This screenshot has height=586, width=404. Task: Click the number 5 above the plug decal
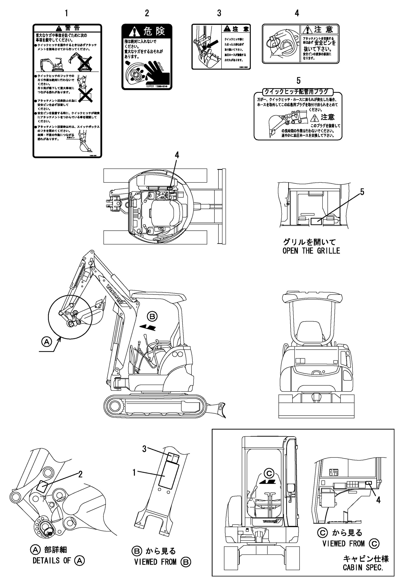(x=298, y=81)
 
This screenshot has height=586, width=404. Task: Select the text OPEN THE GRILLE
(x=311, y=251)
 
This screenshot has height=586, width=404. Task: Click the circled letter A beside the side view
(x=46, y=342)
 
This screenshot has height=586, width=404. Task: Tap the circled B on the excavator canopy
(x=152, y=316)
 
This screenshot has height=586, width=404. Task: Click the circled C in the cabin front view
(x=269, y=473)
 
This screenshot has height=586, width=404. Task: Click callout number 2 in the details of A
(x=80, y=474)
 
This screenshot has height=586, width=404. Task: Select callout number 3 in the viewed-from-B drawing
(x=144, y=449)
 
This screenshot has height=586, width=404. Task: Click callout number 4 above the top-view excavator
(x=177, y=155)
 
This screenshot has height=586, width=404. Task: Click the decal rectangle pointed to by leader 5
(x=316, y=221)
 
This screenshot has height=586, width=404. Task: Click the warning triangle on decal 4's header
(x=308, y=30)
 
